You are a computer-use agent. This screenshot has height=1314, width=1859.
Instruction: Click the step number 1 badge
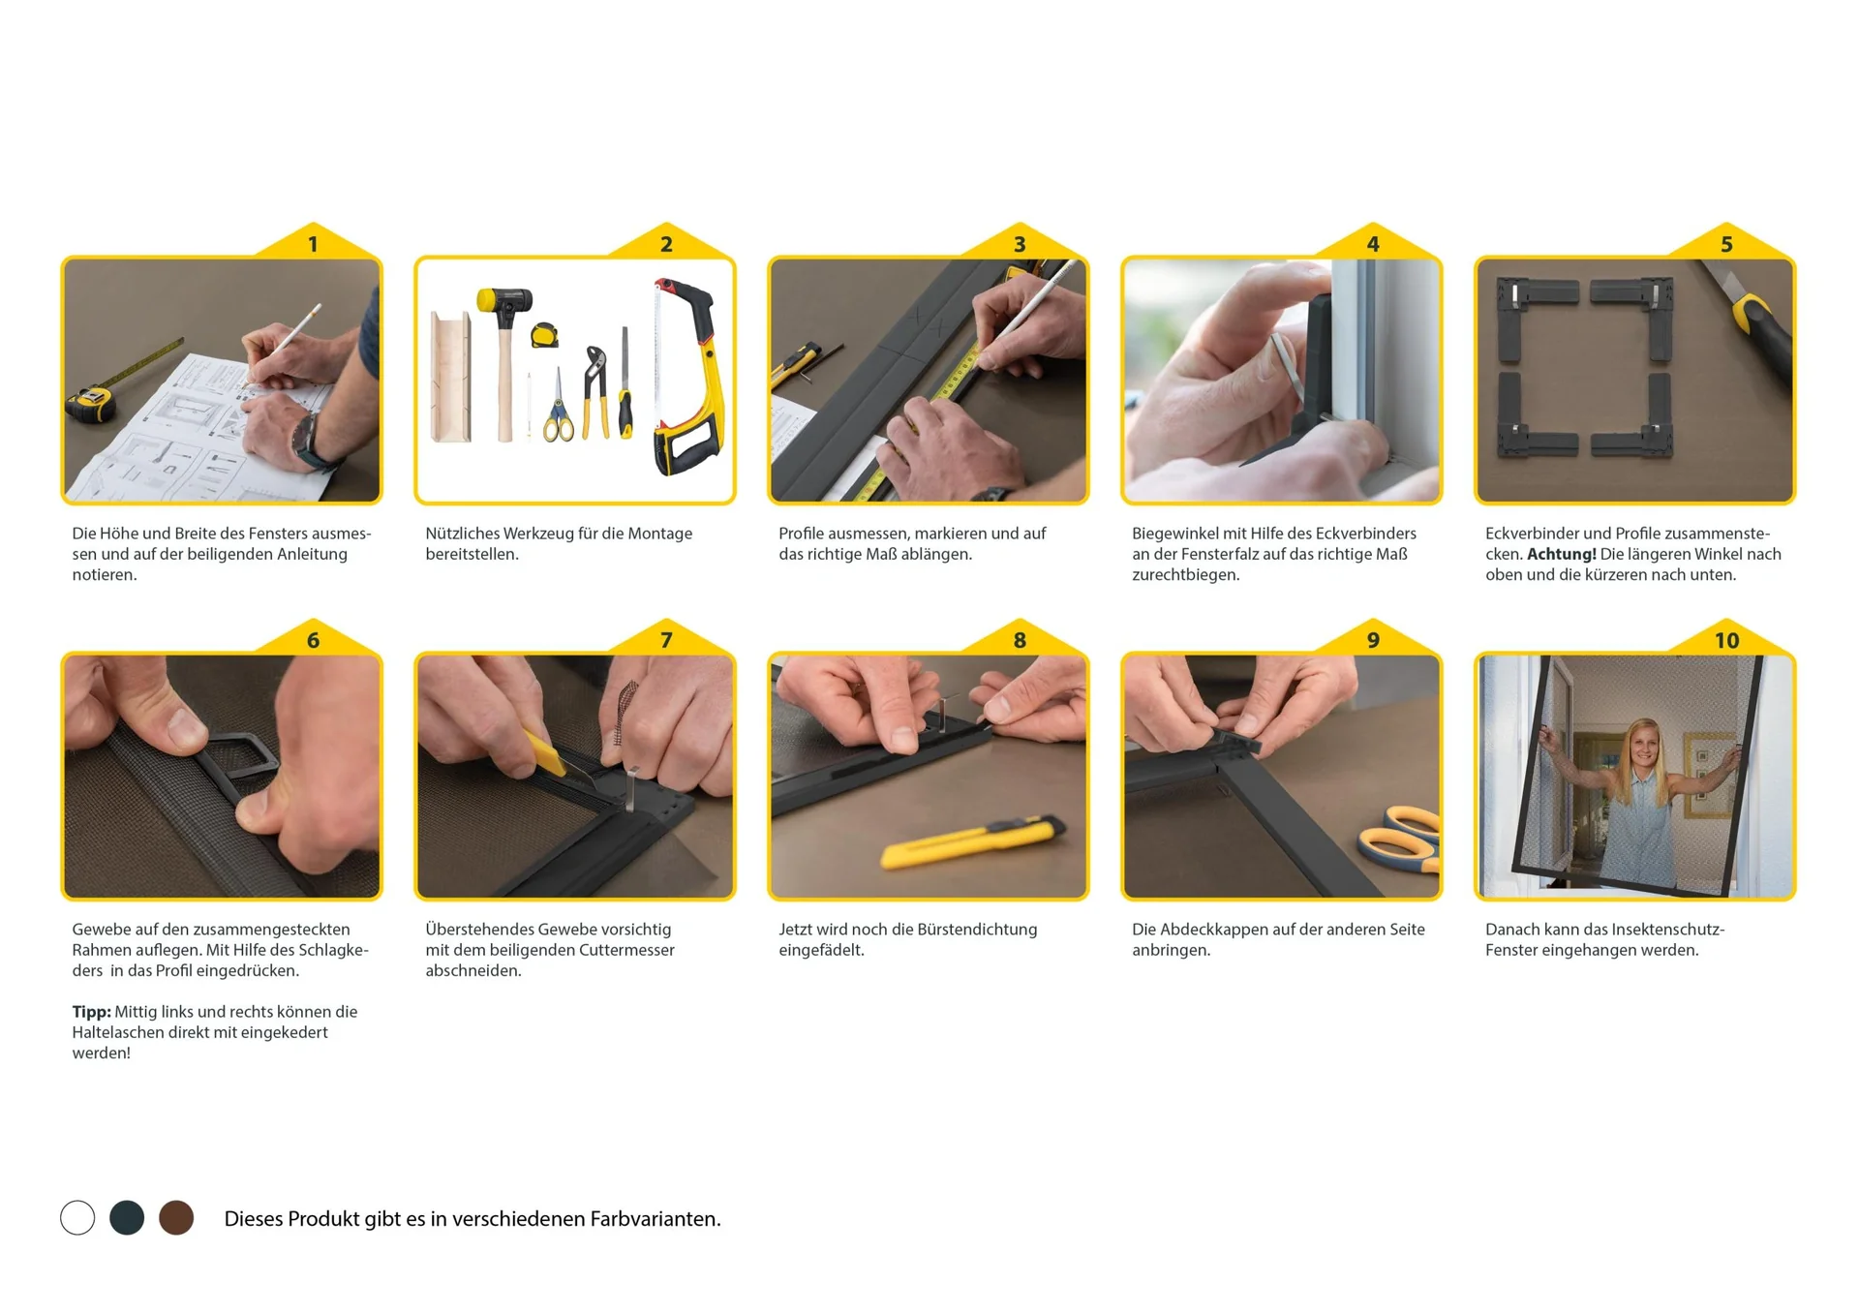pyautogui.click(x=313, y=244)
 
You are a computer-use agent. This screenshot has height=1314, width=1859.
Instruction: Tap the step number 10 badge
pyautogui.click(x=1726, y=640)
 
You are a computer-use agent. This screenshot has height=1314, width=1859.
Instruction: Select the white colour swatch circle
pyautogui.click(x=77, y=1217)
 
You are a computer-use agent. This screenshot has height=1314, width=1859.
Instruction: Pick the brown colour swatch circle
pyautogui.click(x=176, y=1217)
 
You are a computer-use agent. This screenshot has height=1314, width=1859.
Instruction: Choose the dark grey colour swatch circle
pyautogui.click(x=127, y=1217)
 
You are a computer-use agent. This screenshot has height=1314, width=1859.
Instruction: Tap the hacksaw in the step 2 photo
pyautogui.click(x=687, y=378)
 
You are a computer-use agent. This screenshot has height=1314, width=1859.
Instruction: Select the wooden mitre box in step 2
pyautogui.click(x=451, y=377)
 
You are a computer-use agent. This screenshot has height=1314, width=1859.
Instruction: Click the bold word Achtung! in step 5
pyautogui.click(x=1561, y=554)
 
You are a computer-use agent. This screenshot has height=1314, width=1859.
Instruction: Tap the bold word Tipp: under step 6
pyautogui.click(x=91, y=1012)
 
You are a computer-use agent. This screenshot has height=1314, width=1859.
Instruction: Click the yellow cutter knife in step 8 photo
pyautogui.click(x=973, y=840)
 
